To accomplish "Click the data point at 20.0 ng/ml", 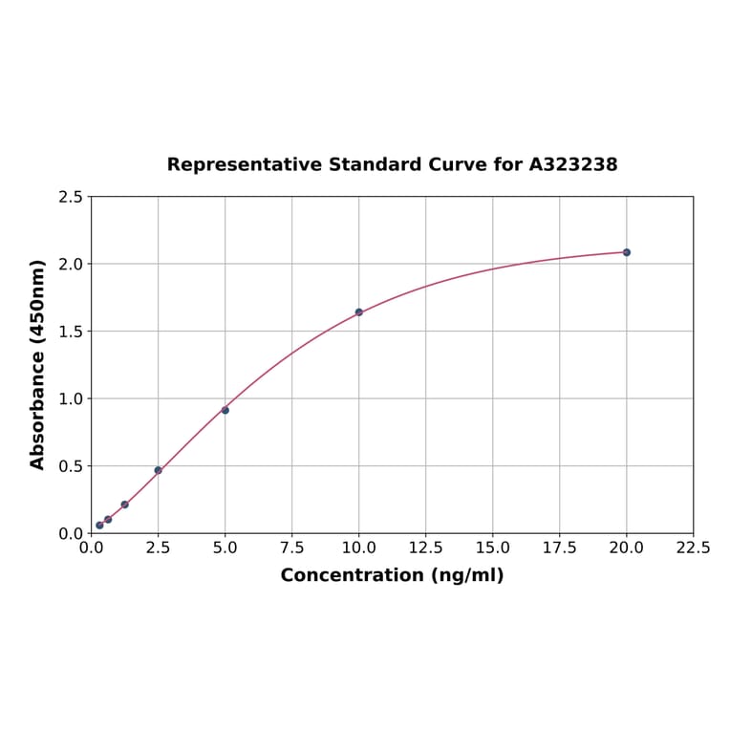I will click(x=627, y=252).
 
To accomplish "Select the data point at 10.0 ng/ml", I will click(x=359, y=312).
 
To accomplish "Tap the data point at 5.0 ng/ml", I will click(x=225, y=410).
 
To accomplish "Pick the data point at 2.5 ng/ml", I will click(x=158, y=470).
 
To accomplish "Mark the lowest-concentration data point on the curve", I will click(x=99, y=526).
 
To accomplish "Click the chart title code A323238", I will click(x=573, y=164).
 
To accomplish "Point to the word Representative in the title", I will click(x=245, y=164).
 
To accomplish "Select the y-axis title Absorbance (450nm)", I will click(x=38, y=364).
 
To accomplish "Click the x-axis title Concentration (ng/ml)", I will click(x=392, y=575).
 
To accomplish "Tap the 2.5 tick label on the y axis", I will click(x=71, y=197).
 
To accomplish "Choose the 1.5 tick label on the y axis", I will click(x=71, y=332).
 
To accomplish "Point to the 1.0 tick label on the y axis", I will click(x=71, y=398).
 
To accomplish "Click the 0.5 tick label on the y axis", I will click(x=71, y=466).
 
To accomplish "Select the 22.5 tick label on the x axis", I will click(x=693, y=548).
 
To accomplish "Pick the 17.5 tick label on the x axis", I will click(x=559, y=548).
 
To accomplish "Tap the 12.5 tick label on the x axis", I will click(x=425, y=548).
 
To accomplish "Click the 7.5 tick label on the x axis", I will click(x=291, y=548).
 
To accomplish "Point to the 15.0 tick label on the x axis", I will click(x=492, y=548).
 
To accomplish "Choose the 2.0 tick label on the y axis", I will click(x=71, y=264).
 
